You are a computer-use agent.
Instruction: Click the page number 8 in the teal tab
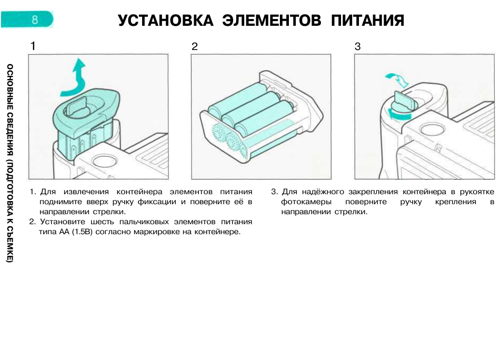pos(35,20)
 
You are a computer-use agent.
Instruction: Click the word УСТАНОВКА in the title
pos(165,21)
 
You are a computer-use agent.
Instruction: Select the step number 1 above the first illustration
pos(33,46)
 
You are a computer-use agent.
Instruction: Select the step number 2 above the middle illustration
pos(195,46)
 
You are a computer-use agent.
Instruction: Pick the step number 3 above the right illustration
pos(358,46)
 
